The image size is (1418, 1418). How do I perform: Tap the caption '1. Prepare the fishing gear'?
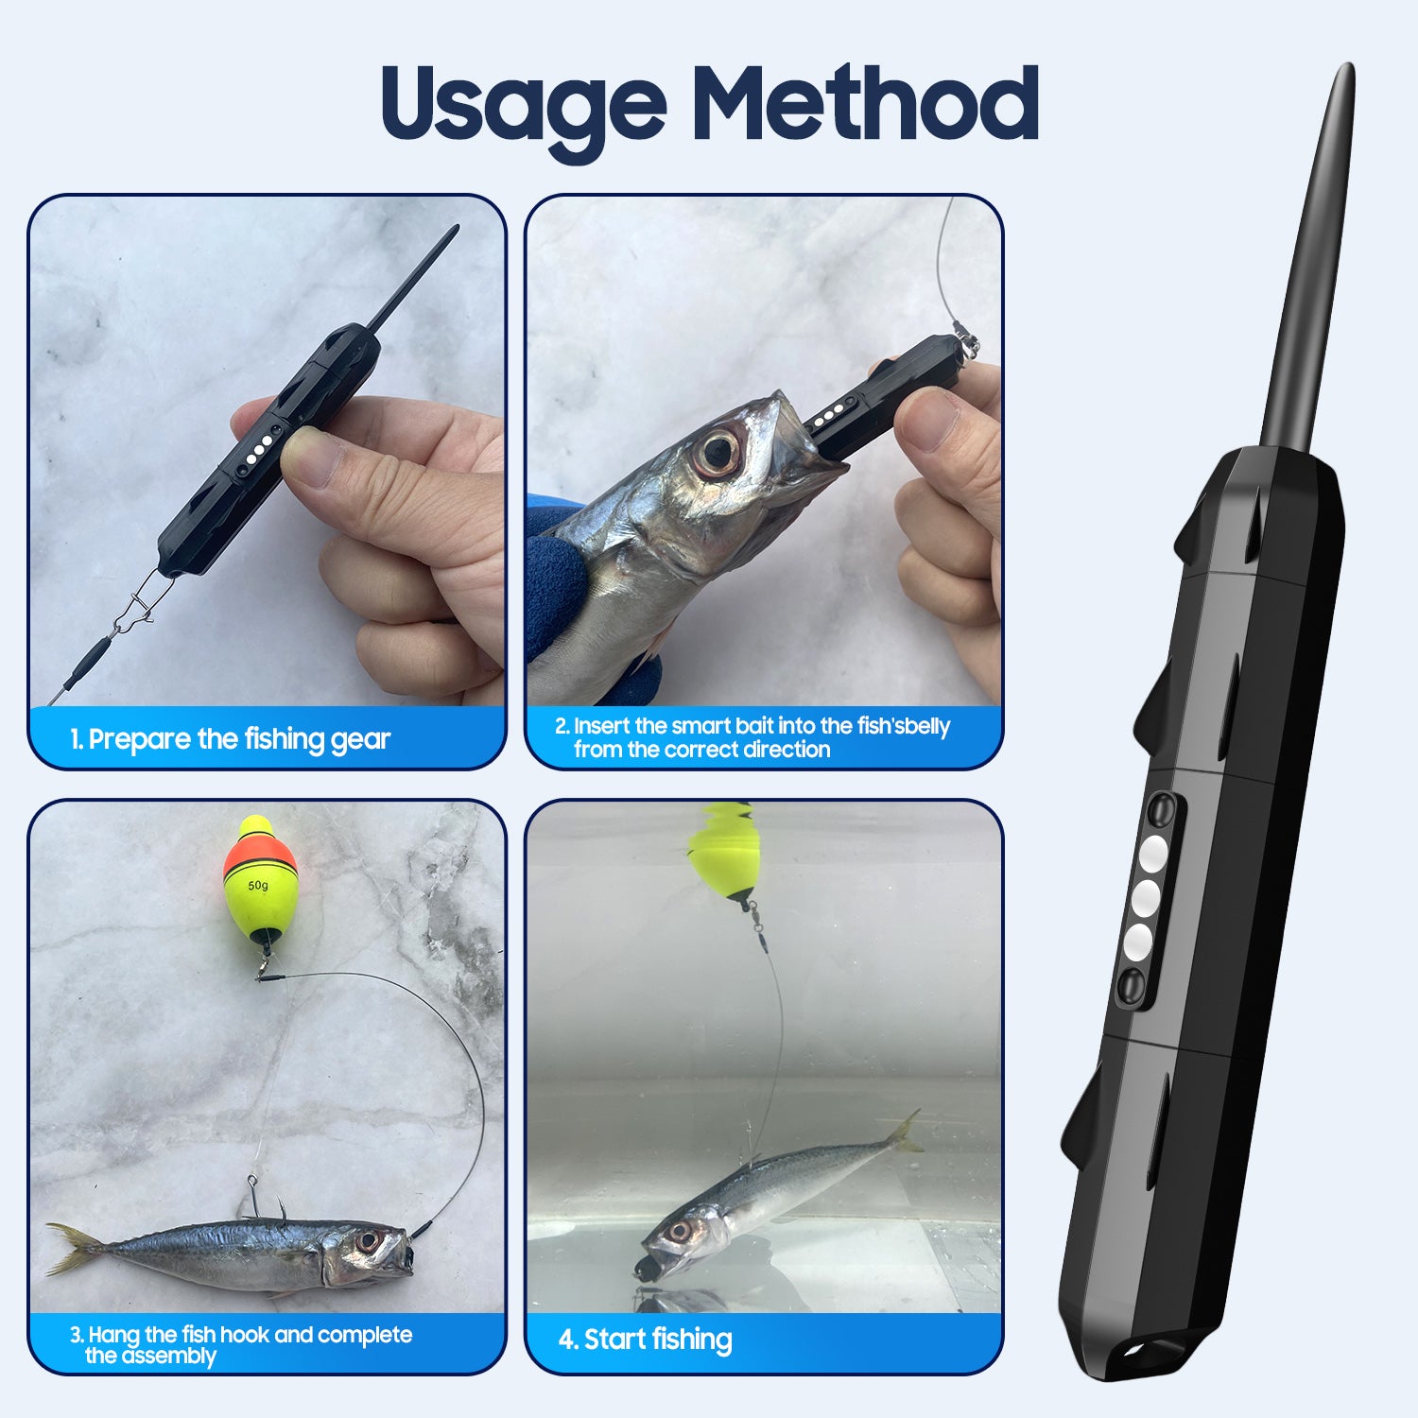click(230, 738)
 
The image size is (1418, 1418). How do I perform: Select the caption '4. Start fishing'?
click(645, 1340)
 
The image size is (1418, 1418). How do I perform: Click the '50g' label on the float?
click(258, 886)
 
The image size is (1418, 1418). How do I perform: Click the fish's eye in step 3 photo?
click(368, 1240)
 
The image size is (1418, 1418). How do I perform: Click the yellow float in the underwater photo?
click(724, 856)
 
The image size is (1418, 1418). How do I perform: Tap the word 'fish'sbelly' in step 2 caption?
click(903, 726)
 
